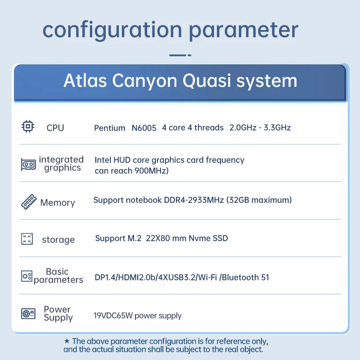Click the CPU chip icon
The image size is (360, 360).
click(28, 126)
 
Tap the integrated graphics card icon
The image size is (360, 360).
click(28, 164)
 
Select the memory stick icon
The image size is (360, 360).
click(29, 202)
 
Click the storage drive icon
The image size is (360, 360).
click(27, 239)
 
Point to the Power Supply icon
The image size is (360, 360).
click(28, 313)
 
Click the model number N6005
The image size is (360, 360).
click(144, 128)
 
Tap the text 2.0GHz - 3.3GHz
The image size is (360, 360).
click(260, 128)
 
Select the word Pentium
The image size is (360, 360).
click(109, 128)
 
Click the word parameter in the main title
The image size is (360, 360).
click(243, 30)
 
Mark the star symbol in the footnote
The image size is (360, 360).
click(67, 342)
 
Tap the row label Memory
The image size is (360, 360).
click(57, 202)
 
